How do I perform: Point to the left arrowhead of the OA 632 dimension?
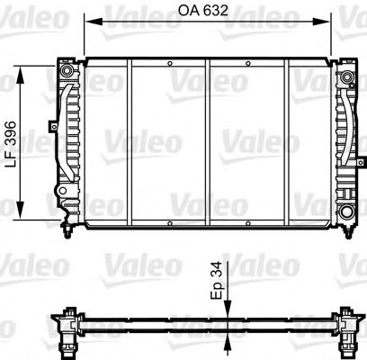[89, 22]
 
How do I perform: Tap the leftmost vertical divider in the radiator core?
[130, 139]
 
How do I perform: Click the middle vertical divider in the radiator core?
[209, 139]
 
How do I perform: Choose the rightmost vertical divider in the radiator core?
[289, 139]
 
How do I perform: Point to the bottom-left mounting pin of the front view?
[69, 235]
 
